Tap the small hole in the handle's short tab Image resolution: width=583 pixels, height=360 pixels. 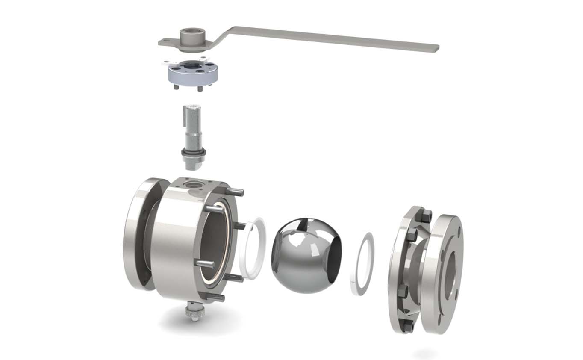click(167, 41)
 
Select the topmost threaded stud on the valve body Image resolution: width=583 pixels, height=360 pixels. click(235, 192)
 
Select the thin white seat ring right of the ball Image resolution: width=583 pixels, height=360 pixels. click(362, 264)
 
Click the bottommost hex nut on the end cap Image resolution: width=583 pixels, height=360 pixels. click(406, 327)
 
